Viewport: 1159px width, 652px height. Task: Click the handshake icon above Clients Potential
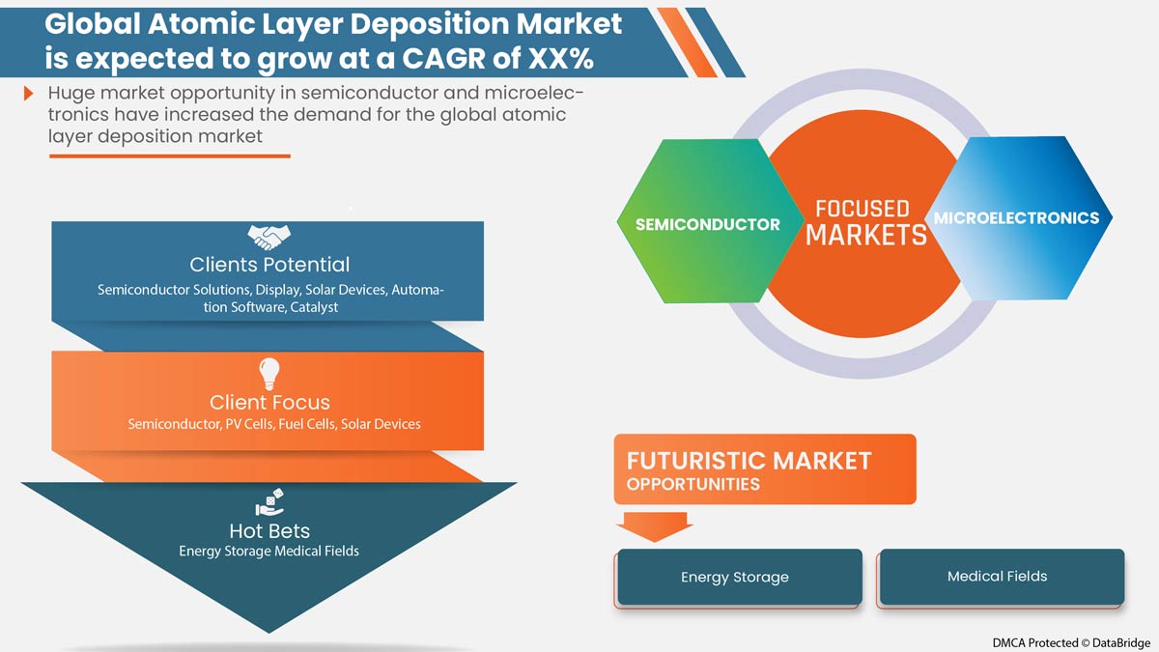click(x=269, y=237)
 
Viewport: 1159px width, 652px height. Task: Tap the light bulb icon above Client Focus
click(x=269, y=374)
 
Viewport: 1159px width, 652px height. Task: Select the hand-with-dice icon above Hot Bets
click(x=269, y=502)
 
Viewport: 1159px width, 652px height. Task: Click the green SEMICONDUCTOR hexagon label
click(x=707, y=224)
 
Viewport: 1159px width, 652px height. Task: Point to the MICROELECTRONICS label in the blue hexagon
click(x=1016, y=218)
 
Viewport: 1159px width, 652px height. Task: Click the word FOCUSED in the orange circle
click(x=862, y=209)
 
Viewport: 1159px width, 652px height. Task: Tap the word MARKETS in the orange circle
click(x=866, y=236)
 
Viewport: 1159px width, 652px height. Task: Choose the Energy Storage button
click(x=740, y=577)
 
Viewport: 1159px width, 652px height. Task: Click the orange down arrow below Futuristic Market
click(x=655, y=526)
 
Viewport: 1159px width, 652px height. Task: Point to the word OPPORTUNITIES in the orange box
click(x=693, y=484)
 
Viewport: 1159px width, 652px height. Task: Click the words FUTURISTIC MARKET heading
click(x=749, y=461)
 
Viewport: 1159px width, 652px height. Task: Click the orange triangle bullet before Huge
click(x=28, y=94)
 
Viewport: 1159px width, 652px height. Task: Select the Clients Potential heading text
click(x=269, y=265)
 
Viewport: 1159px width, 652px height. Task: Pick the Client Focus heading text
click(x=269, y=402)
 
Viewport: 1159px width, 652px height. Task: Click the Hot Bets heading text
click(x=269, y=531)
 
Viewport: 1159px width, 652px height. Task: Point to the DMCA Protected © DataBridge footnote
click(x=1071, y=642)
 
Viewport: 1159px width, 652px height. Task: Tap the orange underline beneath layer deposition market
click(x=170, y=156)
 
